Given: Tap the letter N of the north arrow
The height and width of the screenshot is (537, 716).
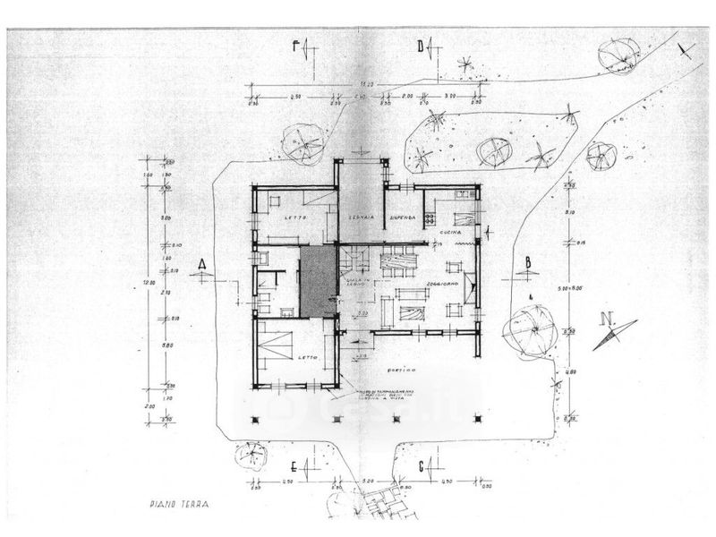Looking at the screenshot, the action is tap(608, 318).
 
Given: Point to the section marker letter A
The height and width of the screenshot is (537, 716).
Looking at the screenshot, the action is tap(203, 264).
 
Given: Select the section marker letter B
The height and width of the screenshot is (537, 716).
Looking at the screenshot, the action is tap(529, 262).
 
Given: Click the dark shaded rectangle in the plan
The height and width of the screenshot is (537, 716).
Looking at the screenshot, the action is tap(317, 282).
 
